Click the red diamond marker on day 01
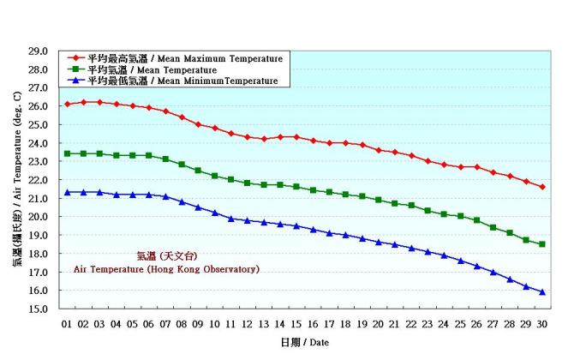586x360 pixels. coord(67,104)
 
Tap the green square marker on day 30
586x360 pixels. coord(542,244)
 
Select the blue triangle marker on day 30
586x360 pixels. coord(542,291)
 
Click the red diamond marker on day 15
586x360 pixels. coord(296,137)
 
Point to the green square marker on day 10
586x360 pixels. coord(214,176)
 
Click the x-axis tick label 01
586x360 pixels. coord(67,324)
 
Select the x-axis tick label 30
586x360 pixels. coord(542,324)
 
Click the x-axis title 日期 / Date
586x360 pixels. coord(304,342)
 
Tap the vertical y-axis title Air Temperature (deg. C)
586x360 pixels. coord(16,180)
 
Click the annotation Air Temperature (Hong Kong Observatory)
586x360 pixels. coord(166,269)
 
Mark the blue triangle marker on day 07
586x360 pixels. coord(165,196)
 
